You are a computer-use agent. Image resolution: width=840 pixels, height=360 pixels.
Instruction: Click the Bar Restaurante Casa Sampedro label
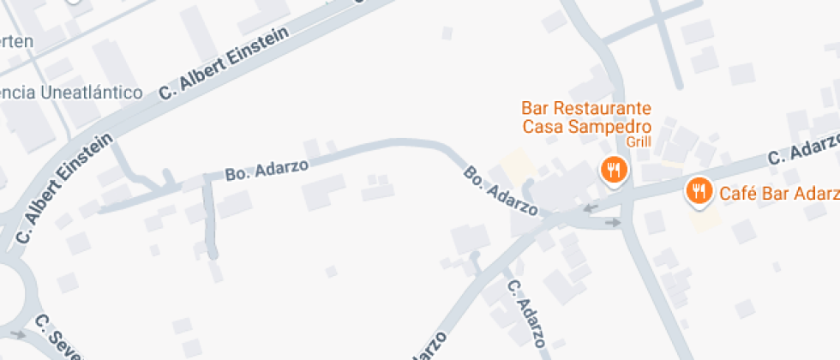tap(586, 117)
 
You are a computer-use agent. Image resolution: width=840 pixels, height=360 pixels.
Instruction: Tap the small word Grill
tap(639, 141)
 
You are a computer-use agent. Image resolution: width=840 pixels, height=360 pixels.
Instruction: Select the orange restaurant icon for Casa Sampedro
tap(613, 170)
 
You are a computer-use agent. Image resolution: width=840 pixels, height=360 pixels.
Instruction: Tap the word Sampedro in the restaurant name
tap(609, 127)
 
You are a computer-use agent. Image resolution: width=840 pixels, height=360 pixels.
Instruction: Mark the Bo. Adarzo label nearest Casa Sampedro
tap(501, 190)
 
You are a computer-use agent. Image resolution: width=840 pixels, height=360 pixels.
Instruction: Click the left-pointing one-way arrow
tap(591, 207)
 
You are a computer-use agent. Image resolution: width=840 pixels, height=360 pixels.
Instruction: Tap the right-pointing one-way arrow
tap(612, 223)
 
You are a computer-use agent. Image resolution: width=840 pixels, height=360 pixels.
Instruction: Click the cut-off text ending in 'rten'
tap(17, 41)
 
